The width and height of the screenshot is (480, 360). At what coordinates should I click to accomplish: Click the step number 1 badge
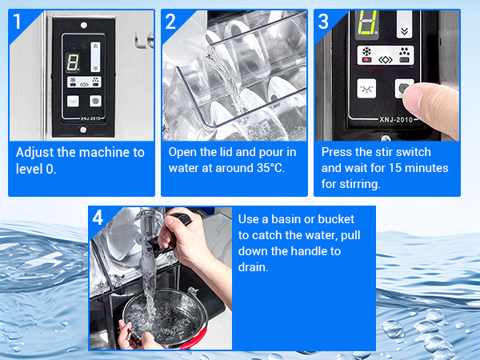click(17, 22)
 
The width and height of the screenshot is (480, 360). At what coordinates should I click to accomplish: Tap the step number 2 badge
click(170, 22)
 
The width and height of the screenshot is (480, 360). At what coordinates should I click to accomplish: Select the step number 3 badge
click(323, 22)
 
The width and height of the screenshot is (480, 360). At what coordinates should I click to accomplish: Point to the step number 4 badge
click(98, 218)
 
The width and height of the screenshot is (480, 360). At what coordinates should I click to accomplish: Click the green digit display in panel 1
click(73, 62)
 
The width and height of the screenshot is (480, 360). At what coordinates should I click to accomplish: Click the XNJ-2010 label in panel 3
click(396, 119)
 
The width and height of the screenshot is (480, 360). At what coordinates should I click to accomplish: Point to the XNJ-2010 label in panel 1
click(90, 118)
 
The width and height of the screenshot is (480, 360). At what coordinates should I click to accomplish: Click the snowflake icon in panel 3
click(366, 51)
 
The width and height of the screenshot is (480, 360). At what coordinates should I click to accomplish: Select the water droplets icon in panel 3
click(404, 51)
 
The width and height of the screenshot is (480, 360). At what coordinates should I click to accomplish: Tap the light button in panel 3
click(366, 89)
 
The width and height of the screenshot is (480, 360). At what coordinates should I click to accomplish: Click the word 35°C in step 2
click(270, 168)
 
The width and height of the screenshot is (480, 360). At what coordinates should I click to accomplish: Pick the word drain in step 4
click(253, 267)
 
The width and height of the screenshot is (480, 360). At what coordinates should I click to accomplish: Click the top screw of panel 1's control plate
click(82, 25)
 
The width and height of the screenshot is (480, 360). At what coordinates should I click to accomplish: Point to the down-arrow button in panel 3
click(404, 25)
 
